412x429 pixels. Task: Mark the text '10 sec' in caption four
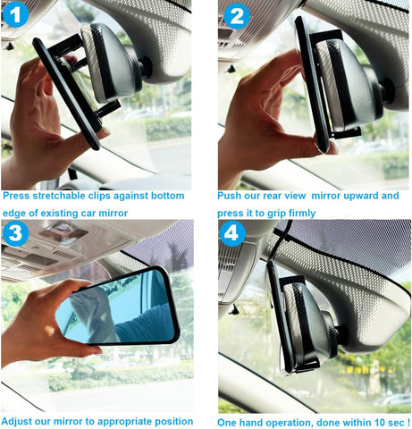click(385, 422)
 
